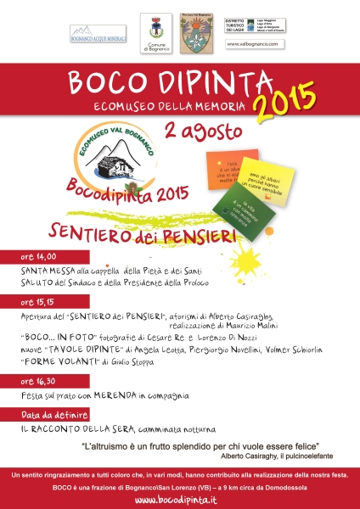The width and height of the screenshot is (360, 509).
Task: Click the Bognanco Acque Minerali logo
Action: tap(97, 33)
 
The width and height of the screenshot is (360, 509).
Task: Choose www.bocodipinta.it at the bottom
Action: tap(180, 499)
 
